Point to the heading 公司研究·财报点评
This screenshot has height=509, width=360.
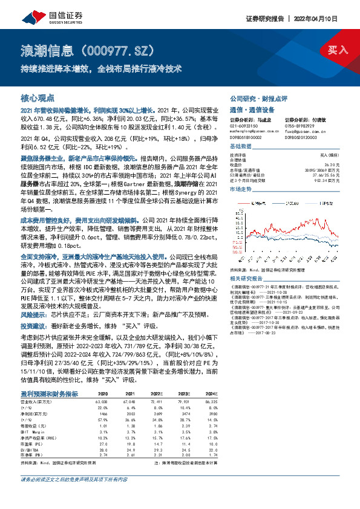tap(258, 98)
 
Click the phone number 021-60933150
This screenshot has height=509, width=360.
tap(243, 125)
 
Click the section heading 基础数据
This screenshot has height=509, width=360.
tap(241, 147)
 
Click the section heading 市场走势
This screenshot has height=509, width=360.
tap(241, 189)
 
